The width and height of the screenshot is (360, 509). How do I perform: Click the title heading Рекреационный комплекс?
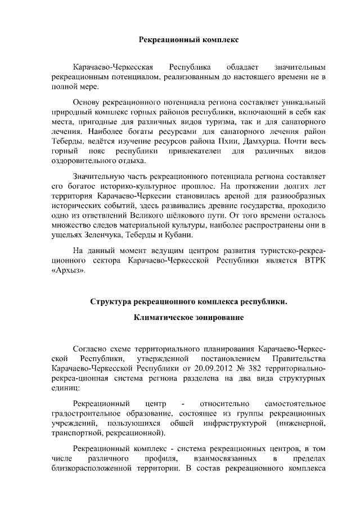click(x=188, y=40)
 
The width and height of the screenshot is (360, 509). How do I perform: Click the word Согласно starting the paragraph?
click(x=92, y=348)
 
